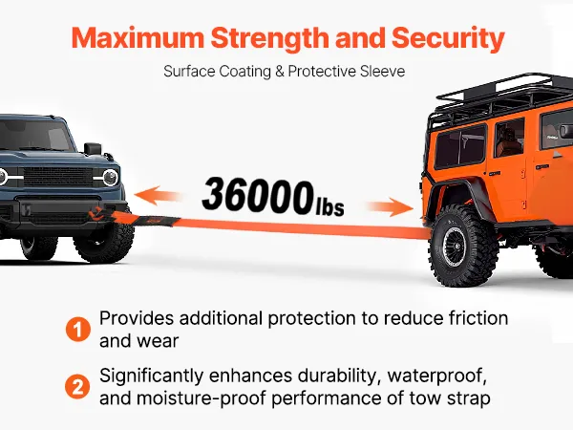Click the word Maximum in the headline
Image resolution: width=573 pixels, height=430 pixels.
coord(138,37)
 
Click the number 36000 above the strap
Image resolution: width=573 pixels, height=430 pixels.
coord(258,195)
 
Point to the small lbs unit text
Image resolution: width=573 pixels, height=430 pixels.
coord(329,207)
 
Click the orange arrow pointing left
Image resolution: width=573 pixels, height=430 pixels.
coord(158,195)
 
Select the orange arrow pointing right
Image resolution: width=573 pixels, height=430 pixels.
coord(391,207)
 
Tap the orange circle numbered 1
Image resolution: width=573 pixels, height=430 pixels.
coord(78,330)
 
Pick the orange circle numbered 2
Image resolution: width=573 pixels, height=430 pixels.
coord(77,387)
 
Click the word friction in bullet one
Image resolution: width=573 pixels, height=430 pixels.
coord(478,318)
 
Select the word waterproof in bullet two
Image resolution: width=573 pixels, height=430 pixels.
coord(437,376)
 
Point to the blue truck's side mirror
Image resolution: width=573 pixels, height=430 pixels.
coord(93,148)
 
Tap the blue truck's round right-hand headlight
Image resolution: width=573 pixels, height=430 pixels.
coord(110,178)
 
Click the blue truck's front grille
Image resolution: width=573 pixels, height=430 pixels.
coord(57,177)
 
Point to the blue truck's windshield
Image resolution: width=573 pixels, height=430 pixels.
coord(32,135)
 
